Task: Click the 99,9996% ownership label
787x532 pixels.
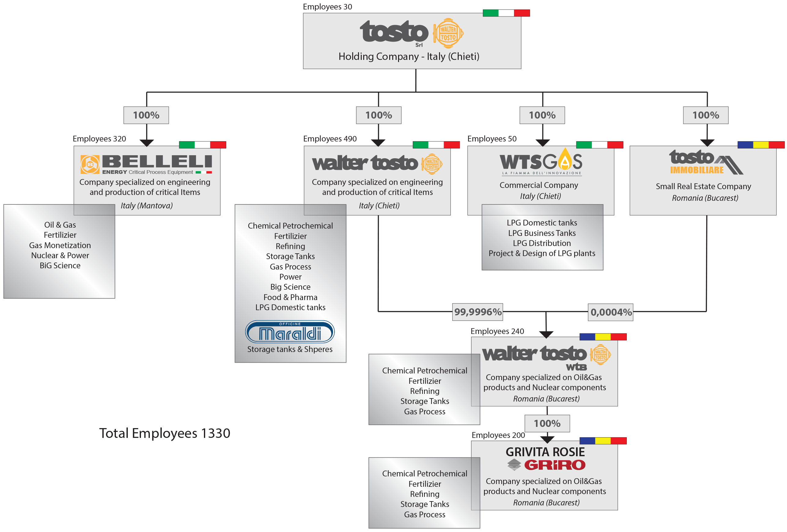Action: tap(478, 312)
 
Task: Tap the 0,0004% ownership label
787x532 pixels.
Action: tap(611, 312)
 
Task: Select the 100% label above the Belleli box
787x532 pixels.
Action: tap(146, 115)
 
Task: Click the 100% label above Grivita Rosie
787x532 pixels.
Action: tap(547, 423)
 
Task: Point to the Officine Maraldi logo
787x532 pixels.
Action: tap(290, 332)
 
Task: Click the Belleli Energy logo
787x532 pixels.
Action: tap(146, 164)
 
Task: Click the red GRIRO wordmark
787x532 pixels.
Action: tap(554, 465)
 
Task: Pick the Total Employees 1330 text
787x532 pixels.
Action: tap(164, 433)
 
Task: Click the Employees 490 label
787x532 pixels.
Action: tap(330, 139)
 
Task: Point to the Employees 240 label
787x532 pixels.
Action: tap(497, 331)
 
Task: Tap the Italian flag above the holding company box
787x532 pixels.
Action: tap(506, 13)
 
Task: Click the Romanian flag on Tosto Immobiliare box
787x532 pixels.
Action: tap(761, 145)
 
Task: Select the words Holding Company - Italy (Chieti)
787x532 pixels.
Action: tap(409, 57)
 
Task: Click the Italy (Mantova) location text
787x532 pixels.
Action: tap(147, 205)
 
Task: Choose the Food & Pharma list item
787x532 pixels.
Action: tap(290, 297)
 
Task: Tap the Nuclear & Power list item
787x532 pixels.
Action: tap(60, 255)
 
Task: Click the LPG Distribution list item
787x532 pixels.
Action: tap(541, 243)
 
